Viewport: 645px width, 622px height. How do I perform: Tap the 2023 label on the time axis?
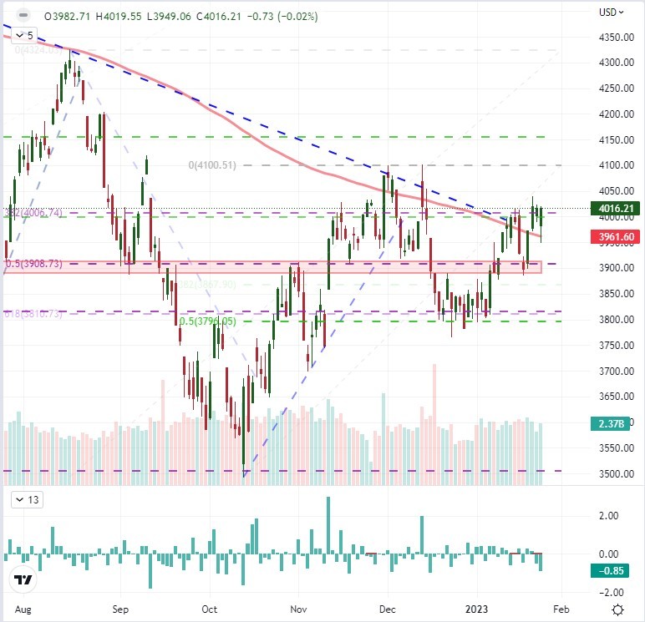474,608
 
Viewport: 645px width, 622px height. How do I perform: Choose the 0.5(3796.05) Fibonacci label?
204,320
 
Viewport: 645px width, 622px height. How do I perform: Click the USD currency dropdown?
612,13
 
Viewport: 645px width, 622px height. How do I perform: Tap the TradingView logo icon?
23,580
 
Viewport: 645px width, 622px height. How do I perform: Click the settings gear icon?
617,609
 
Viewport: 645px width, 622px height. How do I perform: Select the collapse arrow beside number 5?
18,36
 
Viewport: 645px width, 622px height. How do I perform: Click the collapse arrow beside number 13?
18,500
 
